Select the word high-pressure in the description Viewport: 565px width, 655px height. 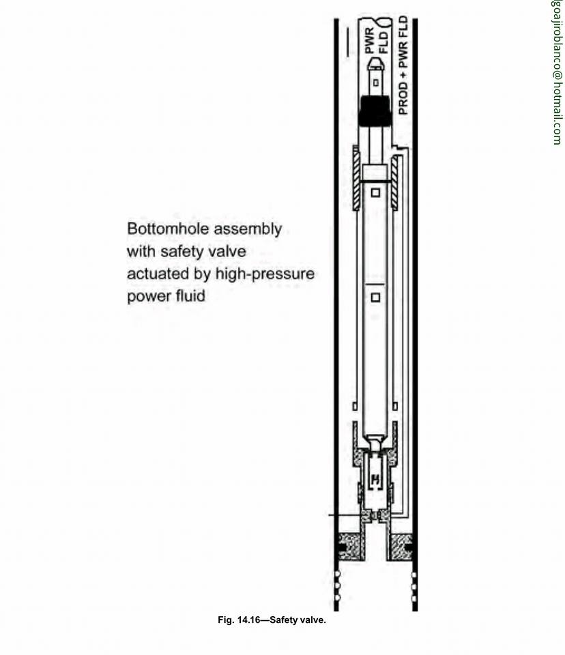click(x=265, y=274)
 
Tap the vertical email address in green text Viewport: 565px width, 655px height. click(x=557, y=72)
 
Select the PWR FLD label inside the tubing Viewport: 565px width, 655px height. click(x=377, y=42)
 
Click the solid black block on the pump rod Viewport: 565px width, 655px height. click(x=375, y=111)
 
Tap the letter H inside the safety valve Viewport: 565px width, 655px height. click(x=376, y=479)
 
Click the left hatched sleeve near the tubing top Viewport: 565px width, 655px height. click(x=357, y=177)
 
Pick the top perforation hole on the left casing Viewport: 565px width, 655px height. click(x=338, y=577)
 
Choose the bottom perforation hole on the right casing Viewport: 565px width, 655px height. click(x=414, y=598)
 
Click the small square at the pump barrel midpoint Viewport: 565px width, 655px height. click(x=376, y=297)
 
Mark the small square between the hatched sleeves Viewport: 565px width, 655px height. click(x=376, y=192)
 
